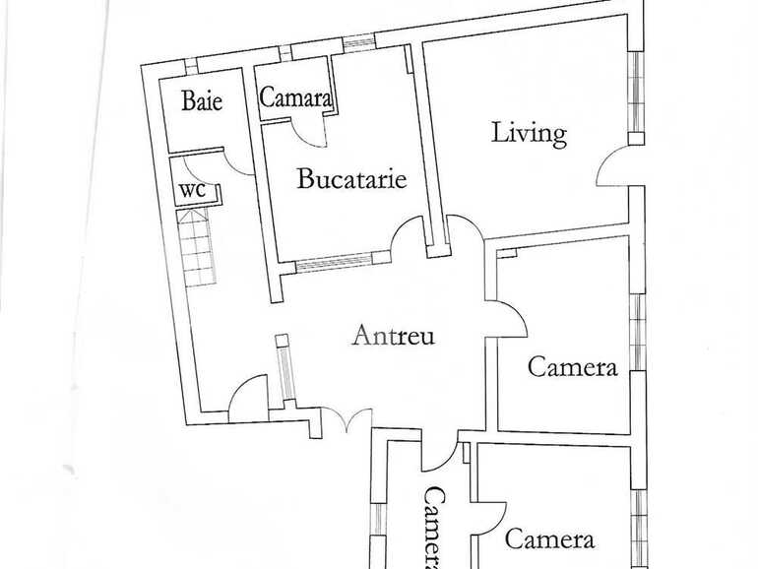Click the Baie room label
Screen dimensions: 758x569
click(x=202, y=100)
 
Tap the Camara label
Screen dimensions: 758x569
click(x=295, y=97)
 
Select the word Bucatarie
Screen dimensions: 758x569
click(x=351, y=178)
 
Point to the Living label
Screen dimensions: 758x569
click(x=529, y=133)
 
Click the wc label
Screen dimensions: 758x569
click(x=192, y=190)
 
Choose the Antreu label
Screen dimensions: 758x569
click(x=393, y=335)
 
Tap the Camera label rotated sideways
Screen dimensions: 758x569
click(x=433, y=528)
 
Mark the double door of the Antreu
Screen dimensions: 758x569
click(x=347, y=418)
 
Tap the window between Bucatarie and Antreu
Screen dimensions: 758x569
click(x=334, y=262)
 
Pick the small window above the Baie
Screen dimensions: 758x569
click(x=191, y=65)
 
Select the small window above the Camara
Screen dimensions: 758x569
click(x=285, y=52)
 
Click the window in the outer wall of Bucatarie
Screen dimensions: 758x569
click(x=358, y=42)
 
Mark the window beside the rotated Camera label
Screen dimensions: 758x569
click(x=378, y=519)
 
